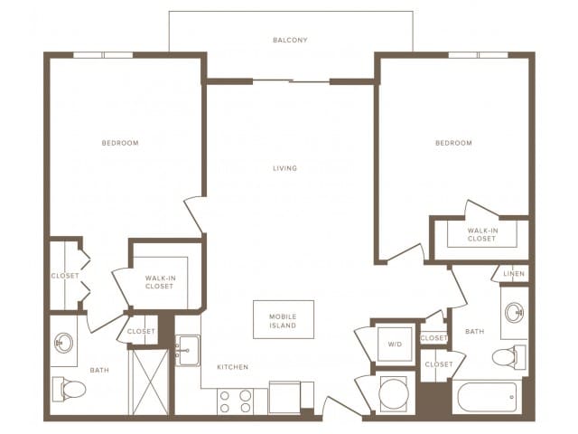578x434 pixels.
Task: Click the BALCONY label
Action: [x=291, y=40]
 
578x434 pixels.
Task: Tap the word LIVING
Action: [x=285, y=168]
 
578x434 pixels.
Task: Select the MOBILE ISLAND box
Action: [x=283, y=320]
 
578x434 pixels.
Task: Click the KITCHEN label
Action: [x=232, y=367]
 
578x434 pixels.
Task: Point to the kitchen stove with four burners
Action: [x=235, y=401]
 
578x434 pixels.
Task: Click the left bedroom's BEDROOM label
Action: [x=120, y=143]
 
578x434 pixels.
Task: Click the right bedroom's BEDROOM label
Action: [x=453, y=143]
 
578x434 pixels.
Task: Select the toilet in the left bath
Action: [x=69, y=389]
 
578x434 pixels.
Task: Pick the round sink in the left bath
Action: [x=64, y=343]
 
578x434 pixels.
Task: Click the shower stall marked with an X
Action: [x=150, y=382]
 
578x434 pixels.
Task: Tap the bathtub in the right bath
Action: [x=487, y=397]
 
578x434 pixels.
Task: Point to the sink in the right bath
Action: [x=515, y=313]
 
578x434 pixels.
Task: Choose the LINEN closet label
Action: [x=513, y=273]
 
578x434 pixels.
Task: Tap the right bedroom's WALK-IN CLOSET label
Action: [x=481, y=235]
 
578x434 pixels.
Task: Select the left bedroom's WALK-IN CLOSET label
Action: [x=160, y=283]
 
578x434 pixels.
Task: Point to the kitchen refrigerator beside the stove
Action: [x=285, y=398]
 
